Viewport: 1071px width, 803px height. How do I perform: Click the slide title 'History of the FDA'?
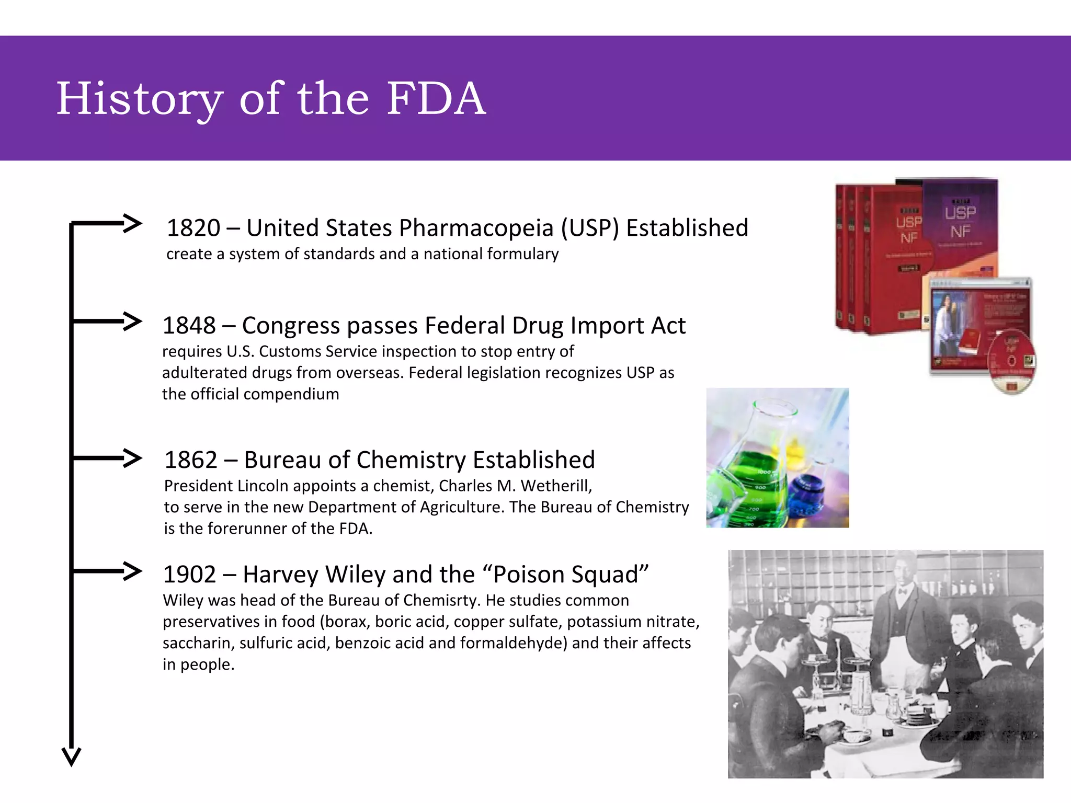[271, 99]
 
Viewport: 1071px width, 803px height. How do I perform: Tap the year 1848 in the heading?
[189, 326]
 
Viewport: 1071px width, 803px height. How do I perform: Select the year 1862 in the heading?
[190, 460]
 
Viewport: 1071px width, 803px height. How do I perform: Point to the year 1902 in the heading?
[189, 575]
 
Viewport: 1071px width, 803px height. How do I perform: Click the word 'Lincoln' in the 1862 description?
[263, 486]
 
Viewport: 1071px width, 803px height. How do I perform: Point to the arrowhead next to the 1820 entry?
[133, 223]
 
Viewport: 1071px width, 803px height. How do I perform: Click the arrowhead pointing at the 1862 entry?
[133, 458]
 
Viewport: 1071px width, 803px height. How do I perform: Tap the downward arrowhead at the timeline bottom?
[72, 756]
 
